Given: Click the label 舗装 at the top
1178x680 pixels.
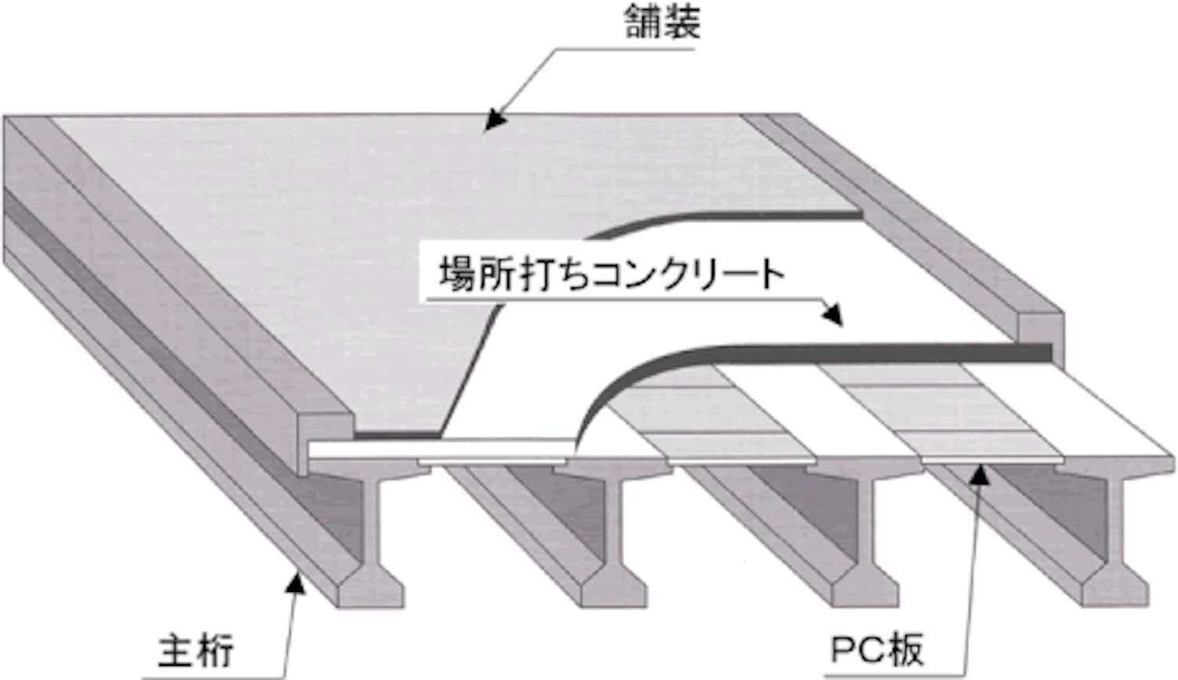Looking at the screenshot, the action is click(663, 23).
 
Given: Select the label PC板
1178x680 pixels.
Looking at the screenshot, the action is click(876, 649).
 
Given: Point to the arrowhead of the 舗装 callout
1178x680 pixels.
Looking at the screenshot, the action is click(494, 119).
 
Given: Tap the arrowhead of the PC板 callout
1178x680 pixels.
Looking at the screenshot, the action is click(979, 473).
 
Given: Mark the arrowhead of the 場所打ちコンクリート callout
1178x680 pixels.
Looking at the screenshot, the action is click(833, 315).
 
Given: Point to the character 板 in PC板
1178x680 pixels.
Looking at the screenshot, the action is click(905, 650).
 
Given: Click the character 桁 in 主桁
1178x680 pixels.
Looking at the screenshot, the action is click(215, 652).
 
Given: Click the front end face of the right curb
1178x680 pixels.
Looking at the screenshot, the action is click(1041, 339).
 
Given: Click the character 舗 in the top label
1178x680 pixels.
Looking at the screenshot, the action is click(643, 23).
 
